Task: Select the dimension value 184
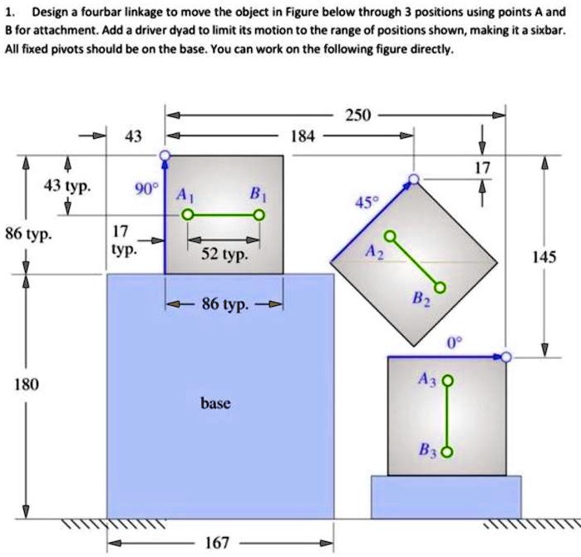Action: point(303,136)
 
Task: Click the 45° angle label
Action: point(366,202)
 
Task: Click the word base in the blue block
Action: point(214,403)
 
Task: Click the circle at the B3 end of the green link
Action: point(448,453)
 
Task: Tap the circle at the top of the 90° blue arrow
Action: point(165,155)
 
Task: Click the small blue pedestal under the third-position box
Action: point(446,496)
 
